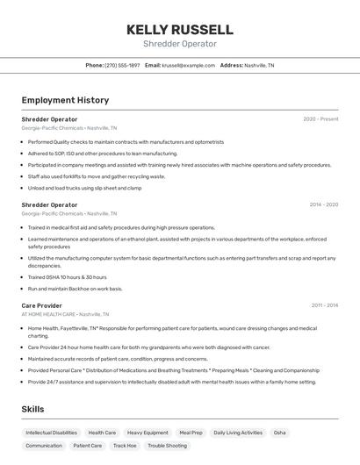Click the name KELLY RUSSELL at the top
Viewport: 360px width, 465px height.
(179, 29)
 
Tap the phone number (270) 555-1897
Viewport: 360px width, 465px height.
(122, 65)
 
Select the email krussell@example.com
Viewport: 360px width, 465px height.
(188, 65)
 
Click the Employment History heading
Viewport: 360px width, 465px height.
(65, 100)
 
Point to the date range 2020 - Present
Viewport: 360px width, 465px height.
(320, 118)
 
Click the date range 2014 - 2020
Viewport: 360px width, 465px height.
(323, 204)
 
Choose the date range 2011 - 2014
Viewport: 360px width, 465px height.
(324, 305)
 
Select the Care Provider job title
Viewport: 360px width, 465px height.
(41, 305)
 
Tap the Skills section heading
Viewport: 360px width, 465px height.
(32, 410)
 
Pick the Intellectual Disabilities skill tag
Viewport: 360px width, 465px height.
(51, 433)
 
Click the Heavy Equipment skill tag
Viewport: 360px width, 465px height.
(148, 433)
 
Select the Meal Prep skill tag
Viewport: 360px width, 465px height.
(191, 433)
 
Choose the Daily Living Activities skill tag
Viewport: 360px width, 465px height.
(238, 433)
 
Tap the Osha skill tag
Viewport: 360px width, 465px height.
(279, 433)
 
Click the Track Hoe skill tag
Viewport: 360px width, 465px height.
(125, 446)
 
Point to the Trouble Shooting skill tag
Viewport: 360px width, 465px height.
(167, 446)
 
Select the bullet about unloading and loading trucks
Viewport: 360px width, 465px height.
(85, 188)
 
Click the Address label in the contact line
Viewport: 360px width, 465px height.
(231, 65)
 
